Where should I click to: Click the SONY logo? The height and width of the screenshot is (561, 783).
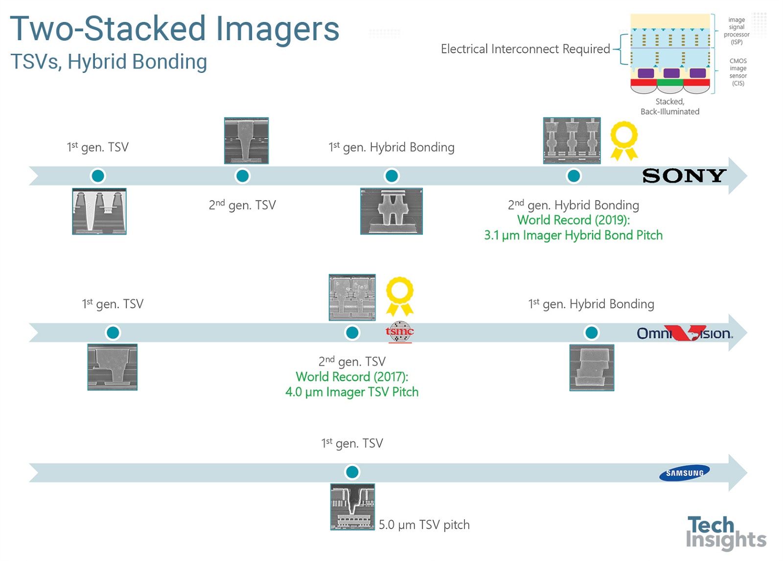pyautogui.click(x=684, y=176)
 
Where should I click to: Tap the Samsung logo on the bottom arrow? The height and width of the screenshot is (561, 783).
pyautogui.click(x=684, y=472)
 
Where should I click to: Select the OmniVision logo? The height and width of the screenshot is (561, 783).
pyautogui.click(x=684, y=334)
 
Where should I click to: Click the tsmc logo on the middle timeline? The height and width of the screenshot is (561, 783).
pyautogui.click(x=399, y=332)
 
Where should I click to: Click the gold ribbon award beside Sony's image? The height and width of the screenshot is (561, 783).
pyautogui.click(x=624, y=140)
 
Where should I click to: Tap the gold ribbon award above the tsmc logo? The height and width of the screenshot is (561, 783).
pyautogui.click(x=400, y=296)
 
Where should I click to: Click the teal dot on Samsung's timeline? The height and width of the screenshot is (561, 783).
pyautogui.click(x=352, y=472)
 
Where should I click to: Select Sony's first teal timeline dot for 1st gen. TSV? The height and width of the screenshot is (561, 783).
pyautogui.click(x=98, y=176)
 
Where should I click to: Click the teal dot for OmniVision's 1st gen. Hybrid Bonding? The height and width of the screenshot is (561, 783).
pyautogui.click(x=591, y=333)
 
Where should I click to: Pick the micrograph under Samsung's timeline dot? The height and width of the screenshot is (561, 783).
pyautogui.click(x=352, y=507)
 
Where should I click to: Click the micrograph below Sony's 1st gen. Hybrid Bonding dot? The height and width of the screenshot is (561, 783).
pyautogui.click(x=391, y=211)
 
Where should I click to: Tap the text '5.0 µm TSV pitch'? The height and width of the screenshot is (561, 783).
pyautogui.click(x=424, y=525)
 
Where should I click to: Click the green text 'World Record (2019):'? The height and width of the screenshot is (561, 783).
pyautogui.click(x=574, y=220)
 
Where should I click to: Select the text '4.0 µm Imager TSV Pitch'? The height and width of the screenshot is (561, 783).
pyautogui.click(x=352, y=392)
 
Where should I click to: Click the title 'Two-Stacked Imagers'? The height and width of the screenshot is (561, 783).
pyautogui.click(x=175, y=28)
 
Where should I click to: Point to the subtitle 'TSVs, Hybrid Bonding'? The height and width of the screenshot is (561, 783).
pyautogui.click(x=109, y=62)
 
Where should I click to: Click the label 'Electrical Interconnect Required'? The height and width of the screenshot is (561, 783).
pyautogui.click(x=525, y=49)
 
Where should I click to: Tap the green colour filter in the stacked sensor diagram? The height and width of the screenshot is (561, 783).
pyautogui.click(x=670, y=82)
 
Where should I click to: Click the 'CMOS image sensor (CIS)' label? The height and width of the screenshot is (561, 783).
pyautogui.click(x=738, y=72)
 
